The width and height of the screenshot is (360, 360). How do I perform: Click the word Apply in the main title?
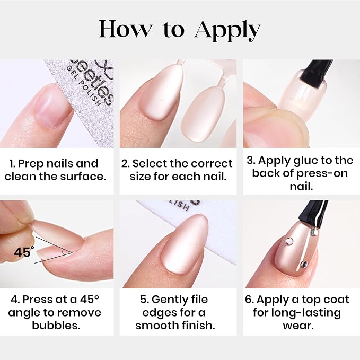227,31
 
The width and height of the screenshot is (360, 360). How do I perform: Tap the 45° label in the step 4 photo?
24,252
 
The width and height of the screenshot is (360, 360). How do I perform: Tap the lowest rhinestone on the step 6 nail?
303,264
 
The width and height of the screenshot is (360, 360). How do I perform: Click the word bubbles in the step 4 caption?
56,325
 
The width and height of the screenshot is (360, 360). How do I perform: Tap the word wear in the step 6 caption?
298,325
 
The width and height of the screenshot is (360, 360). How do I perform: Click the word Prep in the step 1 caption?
31,164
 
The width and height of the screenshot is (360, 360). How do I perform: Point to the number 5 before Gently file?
143,300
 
